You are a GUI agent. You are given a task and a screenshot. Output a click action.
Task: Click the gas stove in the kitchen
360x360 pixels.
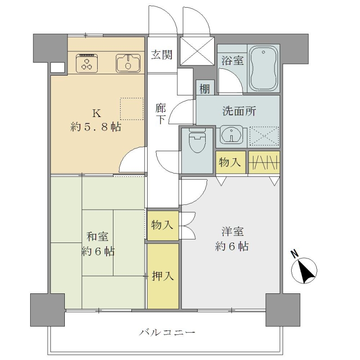pos(87,63)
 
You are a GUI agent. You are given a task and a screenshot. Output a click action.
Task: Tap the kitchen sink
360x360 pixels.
pos(128,63)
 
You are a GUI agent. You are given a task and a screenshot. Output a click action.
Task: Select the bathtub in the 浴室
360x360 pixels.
pos(263,69)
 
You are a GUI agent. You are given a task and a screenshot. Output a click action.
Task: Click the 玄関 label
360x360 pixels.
pos(162,54)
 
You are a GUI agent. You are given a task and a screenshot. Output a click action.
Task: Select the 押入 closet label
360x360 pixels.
pos(163,276)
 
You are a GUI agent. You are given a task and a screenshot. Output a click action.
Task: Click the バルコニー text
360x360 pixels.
pos(167,332)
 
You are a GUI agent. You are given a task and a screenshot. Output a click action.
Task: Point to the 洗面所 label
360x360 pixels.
pos(239,111)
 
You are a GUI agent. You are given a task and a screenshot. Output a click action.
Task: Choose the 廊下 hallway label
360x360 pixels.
pos(161,114)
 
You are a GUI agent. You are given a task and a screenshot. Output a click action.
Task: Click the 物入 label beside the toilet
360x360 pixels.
pos(230,162)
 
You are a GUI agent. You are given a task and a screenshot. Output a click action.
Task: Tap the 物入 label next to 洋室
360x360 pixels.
pos(162,225)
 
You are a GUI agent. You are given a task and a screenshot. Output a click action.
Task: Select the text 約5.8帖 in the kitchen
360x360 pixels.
pos(96,127)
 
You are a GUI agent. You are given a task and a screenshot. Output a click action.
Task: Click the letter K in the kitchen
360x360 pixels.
pos(96,113)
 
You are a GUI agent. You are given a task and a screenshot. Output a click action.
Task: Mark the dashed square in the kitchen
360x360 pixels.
pos(132,109)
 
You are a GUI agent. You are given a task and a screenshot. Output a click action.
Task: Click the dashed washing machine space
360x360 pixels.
pos(264,136)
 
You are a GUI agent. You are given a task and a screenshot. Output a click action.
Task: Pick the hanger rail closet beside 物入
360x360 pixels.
pos(264,162)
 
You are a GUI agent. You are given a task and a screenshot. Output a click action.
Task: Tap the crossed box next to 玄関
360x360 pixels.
pos(197,51)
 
